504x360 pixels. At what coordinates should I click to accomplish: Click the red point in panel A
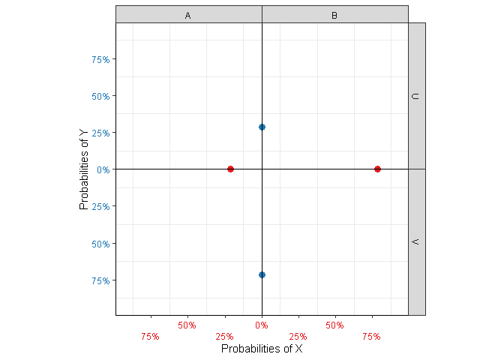click(230, 169)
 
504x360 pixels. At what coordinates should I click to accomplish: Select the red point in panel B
click(377, 169)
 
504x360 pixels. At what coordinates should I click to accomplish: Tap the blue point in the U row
click(262, 127)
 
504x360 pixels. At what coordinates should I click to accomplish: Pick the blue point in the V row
click(262, 274)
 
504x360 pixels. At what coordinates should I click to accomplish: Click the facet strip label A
click(188, 15)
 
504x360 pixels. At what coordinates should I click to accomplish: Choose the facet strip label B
click(334, 15)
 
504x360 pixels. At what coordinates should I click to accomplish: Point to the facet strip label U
click(416, 96)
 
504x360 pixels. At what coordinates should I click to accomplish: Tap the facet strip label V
click(416, 242)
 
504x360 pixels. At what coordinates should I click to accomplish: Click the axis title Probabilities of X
click(262, 349)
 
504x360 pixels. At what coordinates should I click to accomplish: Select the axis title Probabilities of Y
click(84, 169)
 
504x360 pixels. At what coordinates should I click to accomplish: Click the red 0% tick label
click(262, 325)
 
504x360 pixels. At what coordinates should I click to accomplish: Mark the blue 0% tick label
click(103, 169)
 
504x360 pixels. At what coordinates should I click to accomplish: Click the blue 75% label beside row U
click(101, 59)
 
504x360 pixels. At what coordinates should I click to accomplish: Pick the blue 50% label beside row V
click(101, 244)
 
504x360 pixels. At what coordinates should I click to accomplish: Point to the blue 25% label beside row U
click(101, 133)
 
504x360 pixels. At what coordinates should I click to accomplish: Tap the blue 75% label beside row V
click(101, 280)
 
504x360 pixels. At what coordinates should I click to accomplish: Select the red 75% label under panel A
click(150, 337)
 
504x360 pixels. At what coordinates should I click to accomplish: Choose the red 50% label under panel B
click(334, 325)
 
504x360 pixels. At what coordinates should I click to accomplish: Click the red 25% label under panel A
click(224, 337)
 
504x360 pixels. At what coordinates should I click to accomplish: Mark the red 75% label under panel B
click(371, 337)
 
